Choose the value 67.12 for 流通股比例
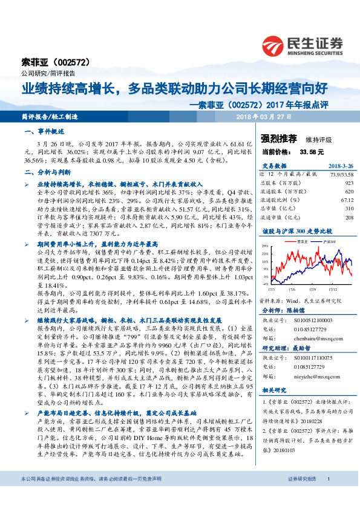(x=347, y=199)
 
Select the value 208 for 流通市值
(x=349, y=216)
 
